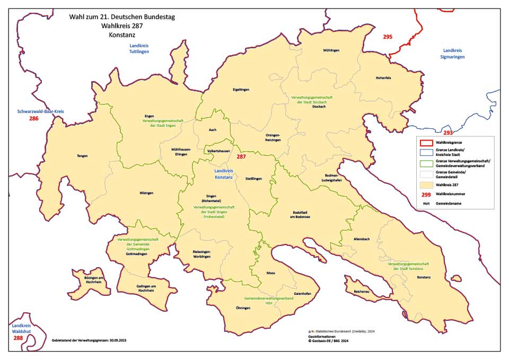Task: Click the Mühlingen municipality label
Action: click(x=330, y=50)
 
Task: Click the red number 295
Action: click(x=388, y=37)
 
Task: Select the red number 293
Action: click(x=448, y=133)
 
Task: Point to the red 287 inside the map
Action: click(x=241, y=157)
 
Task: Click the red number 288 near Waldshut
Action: click(x=18, y=338)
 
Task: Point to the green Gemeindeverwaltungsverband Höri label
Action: click(x=268, y=301)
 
